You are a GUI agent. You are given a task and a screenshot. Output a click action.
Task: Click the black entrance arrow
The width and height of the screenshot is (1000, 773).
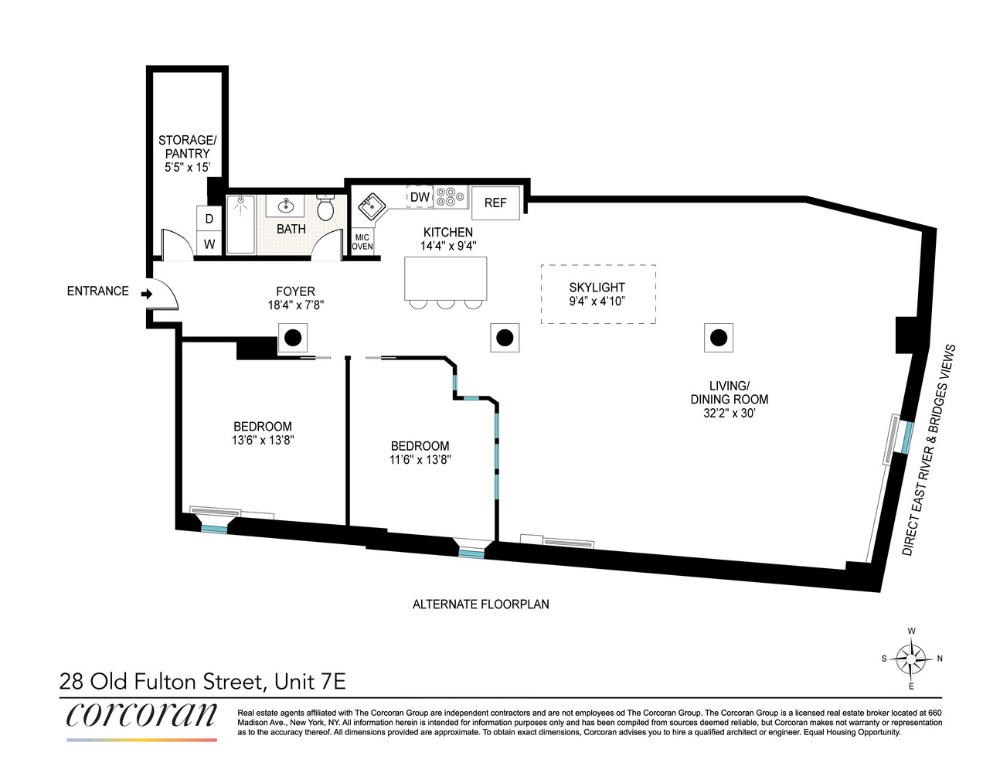click(146, 293)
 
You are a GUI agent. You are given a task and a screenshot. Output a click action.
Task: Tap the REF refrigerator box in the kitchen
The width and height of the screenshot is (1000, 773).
click(495, 203)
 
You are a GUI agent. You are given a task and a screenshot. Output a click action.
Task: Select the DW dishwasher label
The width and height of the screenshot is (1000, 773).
click(420, 197)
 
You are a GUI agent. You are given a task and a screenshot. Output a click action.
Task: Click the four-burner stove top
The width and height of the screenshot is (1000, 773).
click(450, 197)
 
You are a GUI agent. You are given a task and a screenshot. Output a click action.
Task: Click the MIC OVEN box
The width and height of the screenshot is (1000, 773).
click(362, 242)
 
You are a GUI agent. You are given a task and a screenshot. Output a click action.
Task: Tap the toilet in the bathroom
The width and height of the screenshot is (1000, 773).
click(325, 207)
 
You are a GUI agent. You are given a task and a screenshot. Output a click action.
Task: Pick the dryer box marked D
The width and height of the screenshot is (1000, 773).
click(209, 220)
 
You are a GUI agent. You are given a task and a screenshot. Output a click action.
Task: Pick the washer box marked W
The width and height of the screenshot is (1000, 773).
click(209, 244)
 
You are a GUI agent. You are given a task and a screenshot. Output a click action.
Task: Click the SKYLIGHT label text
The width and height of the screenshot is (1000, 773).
click(597, 288)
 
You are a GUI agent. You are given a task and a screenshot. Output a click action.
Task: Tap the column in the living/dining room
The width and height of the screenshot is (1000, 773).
click(719, 338)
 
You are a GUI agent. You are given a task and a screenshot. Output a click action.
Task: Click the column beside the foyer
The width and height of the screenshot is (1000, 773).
click(293, 338)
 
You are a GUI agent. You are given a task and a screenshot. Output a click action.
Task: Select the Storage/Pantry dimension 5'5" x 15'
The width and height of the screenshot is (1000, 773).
click(187, 167)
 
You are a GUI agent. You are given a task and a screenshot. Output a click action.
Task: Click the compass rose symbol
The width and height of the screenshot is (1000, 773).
click(912, 659)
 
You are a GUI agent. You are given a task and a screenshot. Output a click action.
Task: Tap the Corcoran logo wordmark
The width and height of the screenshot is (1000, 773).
click(141, 714)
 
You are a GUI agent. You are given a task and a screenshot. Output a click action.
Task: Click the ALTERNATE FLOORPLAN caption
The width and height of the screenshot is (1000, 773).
click(481, 604)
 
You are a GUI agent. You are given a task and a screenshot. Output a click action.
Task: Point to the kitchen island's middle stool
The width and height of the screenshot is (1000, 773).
click(446, 303)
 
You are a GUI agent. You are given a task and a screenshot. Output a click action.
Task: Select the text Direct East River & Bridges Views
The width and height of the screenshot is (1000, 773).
click(929, 450)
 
